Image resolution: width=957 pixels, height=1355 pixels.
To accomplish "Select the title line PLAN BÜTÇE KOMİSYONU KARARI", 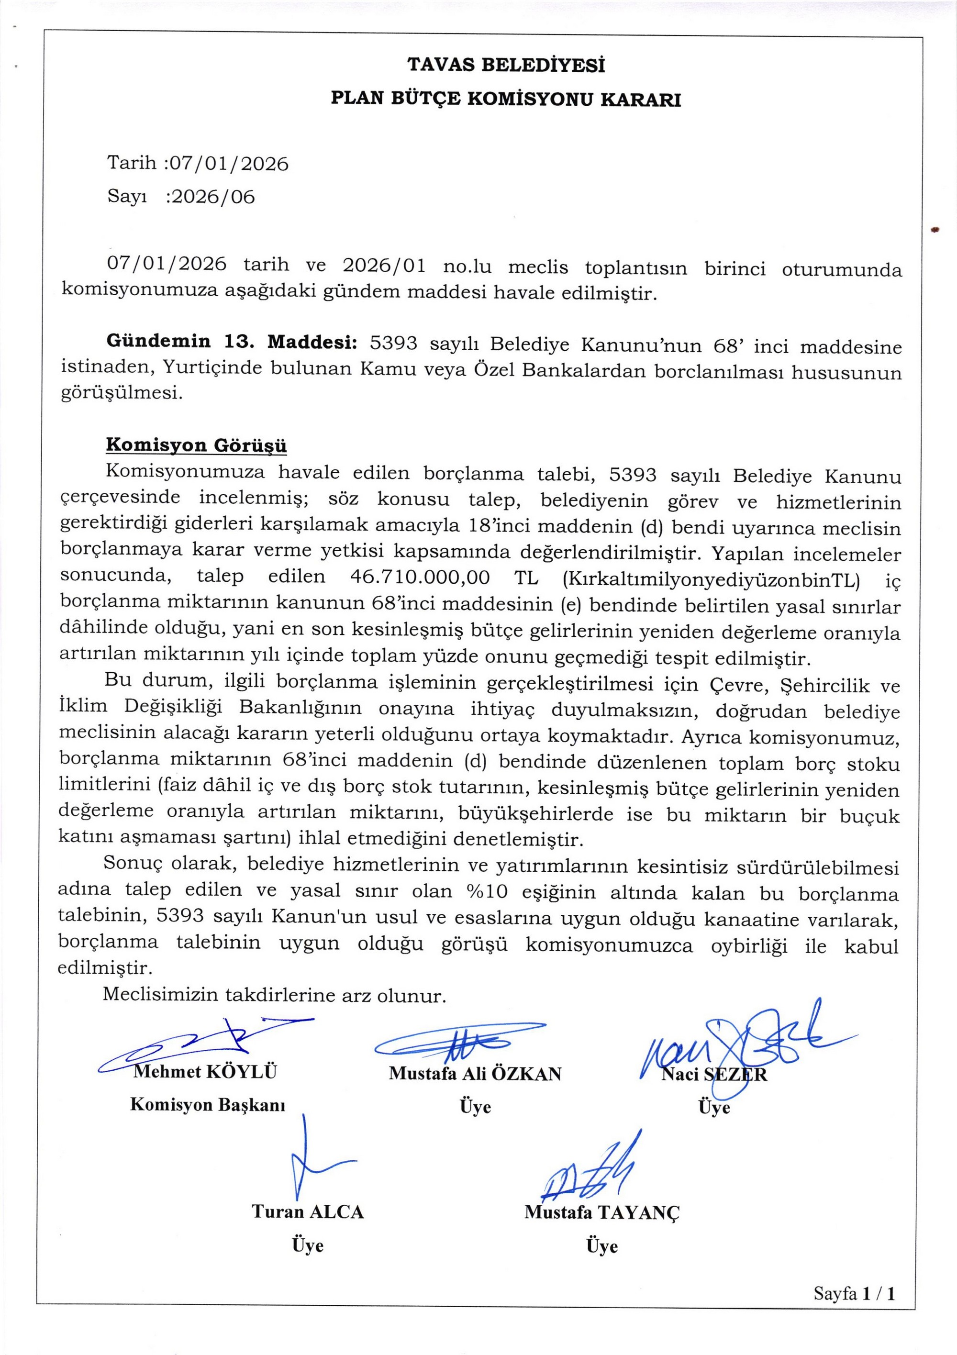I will tap(505, 99).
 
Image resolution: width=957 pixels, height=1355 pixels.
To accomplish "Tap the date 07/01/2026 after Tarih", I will tap(228, 164).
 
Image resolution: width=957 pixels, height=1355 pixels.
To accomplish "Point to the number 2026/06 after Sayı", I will tap(211, 197).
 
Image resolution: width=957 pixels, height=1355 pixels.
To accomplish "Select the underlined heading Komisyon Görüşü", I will tap(196, 445).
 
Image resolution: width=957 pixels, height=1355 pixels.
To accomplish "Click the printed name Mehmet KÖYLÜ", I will tap(205, 1072).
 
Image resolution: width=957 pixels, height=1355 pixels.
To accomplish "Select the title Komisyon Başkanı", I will tap(207, 1105).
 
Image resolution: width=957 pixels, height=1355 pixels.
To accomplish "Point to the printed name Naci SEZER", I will tap(714, 1074).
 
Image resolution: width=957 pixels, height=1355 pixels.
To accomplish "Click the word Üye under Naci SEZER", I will tap(714, 1107).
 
